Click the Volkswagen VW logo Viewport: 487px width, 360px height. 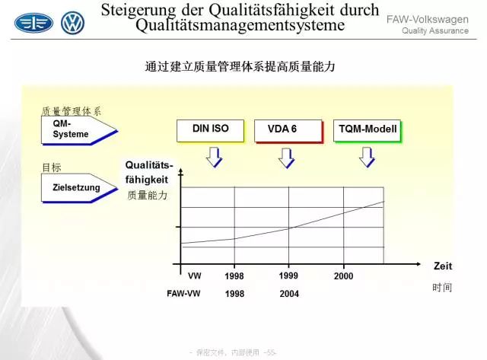click(x=73, y=23)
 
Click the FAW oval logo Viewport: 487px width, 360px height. click(x=33, y=23)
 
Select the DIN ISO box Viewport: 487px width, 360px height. click(x=211, y=131)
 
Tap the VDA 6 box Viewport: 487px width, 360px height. click(x=288, y=132)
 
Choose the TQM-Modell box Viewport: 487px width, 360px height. click(x=368, y=131)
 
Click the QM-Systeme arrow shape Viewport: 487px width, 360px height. click(x=79, y=130)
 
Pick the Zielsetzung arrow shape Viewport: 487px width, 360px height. click(x=79, y=188)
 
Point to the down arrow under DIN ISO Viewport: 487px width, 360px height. click(x=215, y=158)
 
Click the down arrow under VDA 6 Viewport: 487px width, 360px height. click(x=286, y=158)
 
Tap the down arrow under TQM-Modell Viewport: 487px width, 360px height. click(x=367, y=158)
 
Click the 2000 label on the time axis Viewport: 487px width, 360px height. click(x=343, y=276)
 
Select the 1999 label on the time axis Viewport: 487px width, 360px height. click(x=288, y=276)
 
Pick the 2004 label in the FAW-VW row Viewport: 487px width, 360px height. click(x=289, y=294)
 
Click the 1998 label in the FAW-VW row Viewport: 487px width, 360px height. click(x=234, y=294)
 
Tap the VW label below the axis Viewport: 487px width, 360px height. click(x=195, y=276)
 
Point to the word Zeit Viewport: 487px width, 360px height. click(x=443, y=266)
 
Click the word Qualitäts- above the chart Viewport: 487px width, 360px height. click(x=149, y=165)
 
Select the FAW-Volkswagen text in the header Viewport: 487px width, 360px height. click(x=428, y=19)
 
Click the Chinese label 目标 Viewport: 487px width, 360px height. click(x=52, y=167)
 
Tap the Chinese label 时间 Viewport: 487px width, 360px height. click(x=442, y=288)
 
